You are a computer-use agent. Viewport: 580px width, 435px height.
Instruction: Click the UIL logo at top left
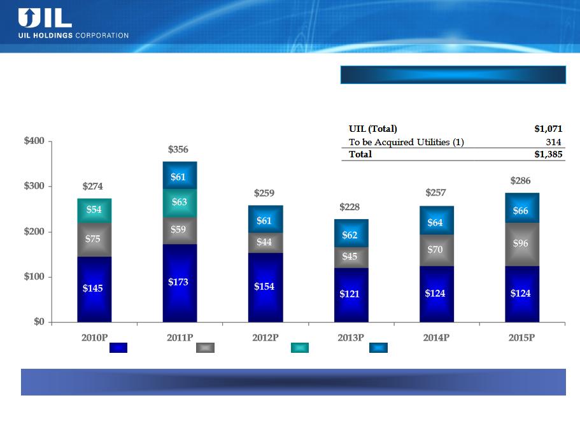pyautogui.click(x=45, y=18)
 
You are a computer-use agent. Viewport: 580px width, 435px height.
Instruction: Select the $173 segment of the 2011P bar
pyautogui.click(x=180, y=283)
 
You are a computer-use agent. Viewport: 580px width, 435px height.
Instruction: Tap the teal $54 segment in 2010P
pyautogui.click(x=94, y=211)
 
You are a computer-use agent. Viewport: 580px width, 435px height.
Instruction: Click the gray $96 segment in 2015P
pyautogui.click(x=522, y=244)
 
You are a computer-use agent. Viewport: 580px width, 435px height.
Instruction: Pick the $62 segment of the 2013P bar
pyautogui.click(x=351, y=233)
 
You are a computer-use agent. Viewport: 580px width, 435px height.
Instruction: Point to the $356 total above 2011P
pyautogui.click(x=178, y=150)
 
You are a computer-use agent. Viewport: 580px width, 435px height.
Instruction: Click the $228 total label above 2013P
pyautogui.click(x=350, y=207)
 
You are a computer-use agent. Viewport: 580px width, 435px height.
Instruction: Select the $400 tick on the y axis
pyautogui.click(x=34, y=141)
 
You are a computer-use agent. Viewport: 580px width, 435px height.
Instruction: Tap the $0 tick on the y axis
pyautogui.click(x=39, y=322)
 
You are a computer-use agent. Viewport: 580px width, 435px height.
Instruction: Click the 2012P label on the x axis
pyautogui.click(x=265, y=338)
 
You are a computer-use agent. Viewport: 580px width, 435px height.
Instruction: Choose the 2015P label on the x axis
pyautogui.click(x=521, y=338)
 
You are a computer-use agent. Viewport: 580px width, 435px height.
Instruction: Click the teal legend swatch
pyautogui.click(x=300, y=348)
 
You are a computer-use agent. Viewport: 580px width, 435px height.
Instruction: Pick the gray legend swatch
pyautogui.click(x=205, y=348)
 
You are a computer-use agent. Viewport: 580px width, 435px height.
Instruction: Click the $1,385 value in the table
pyautogui.click(x=548, y=154)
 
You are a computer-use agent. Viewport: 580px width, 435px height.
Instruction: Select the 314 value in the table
pyautogui.click(x=553, y=142)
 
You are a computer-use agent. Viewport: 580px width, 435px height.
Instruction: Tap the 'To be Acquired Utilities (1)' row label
pyautogui.click(x=406, y=142)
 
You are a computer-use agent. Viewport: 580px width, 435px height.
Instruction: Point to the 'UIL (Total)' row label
pyautogui.click(x=373, y=129)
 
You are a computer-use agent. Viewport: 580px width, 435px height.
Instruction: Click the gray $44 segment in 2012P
pyautogui.click(x=265, y=243)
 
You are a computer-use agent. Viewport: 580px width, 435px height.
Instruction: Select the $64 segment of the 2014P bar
pyautogui.click(x=437, y=220)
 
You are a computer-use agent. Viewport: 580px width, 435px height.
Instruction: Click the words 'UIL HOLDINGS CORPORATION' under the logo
pyautogui.click(x=74, y=36)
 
